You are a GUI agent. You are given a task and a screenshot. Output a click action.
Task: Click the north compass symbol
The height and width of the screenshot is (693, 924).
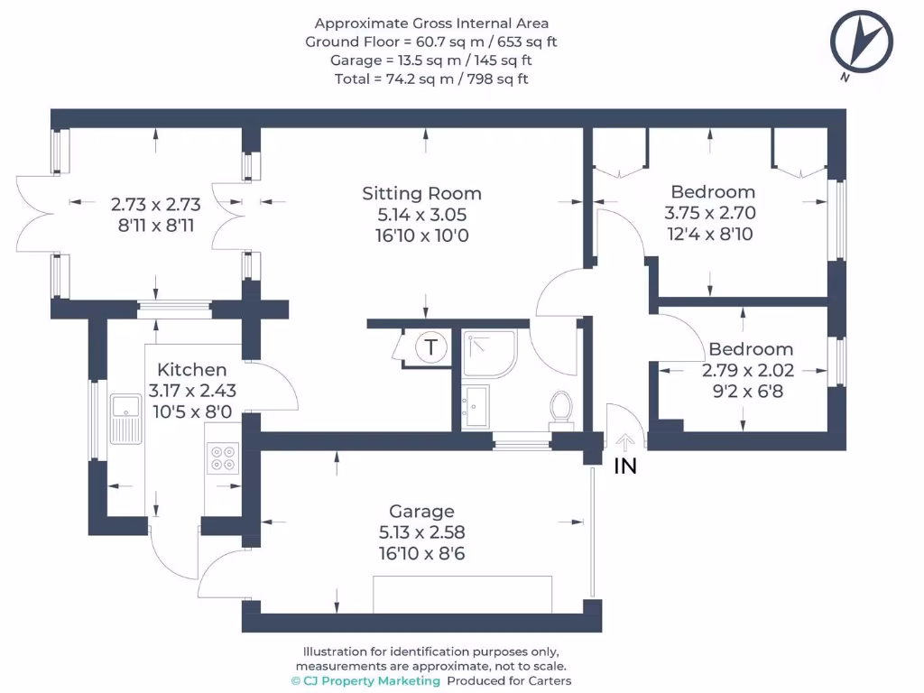point(863,42)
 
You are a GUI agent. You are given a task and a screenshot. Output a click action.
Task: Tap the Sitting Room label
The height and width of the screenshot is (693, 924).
point(421,193)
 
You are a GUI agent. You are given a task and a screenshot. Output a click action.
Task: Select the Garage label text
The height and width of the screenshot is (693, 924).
point(421,512)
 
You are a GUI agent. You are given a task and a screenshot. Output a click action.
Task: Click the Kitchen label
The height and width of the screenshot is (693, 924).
point(191,370)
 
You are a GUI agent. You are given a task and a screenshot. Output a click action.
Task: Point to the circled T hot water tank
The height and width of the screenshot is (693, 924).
point(431,346)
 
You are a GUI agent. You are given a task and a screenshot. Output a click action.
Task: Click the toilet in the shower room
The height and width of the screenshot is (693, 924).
point(561,407)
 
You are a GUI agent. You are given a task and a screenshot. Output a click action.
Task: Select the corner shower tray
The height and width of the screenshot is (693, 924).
point(490,353)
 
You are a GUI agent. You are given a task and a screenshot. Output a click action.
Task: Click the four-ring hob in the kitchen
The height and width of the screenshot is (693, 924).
point(223,458)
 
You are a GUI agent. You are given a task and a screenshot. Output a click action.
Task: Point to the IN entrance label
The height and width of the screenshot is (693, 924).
point(625,467)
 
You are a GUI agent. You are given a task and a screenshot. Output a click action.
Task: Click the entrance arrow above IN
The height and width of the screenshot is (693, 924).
point(625,441)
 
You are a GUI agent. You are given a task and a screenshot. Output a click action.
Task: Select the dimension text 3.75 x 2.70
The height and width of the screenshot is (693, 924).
point(710,214)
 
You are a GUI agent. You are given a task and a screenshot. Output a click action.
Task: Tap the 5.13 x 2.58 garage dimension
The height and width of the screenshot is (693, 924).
point(422,532)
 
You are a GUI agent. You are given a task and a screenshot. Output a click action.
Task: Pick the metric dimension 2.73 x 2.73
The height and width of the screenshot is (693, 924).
point(152,205)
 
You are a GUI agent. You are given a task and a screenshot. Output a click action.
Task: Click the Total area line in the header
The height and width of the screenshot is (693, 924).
point(431,79)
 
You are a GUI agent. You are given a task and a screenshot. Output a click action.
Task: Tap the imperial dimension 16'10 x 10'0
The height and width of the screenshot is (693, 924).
point(422,236)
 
